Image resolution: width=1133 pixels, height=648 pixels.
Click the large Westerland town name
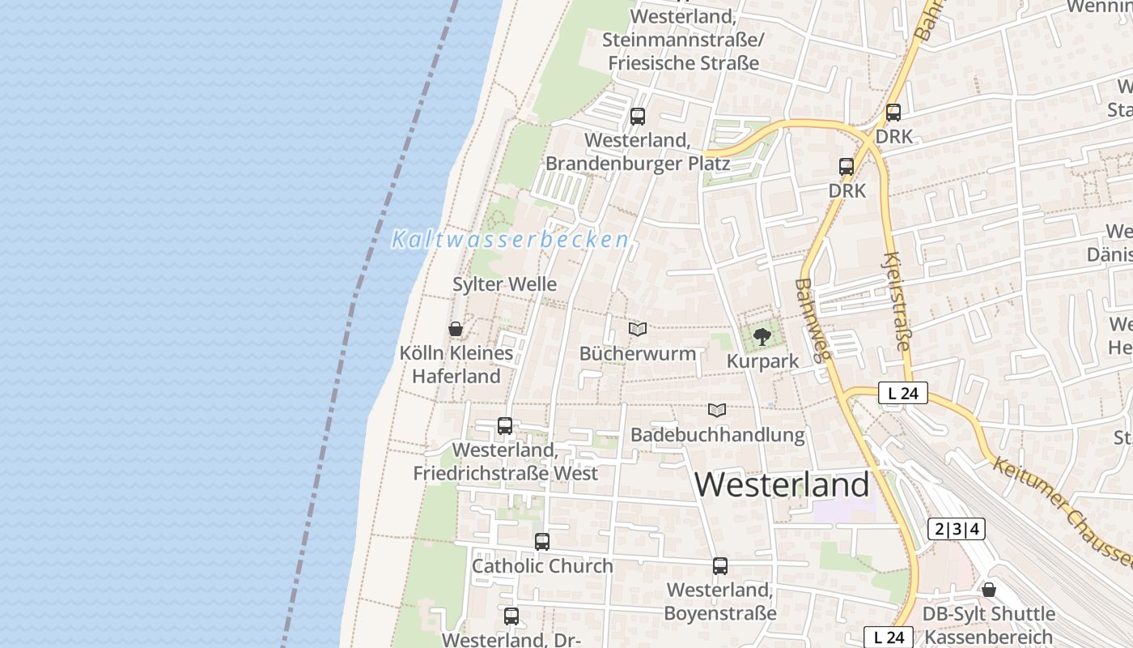click(782, 484)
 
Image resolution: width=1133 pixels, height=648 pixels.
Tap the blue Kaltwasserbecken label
click(510, 240)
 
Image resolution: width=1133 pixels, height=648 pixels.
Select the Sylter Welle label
click(504, 284)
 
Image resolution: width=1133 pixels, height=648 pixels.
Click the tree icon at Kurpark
click(762, 336)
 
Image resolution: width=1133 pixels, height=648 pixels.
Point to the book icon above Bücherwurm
click(638, 329)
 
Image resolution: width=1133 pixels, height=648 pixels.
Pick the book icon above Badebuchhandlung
click(717, 410)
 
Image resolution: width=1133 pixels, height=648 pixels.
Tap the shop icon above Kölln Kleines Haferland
click(456, 329)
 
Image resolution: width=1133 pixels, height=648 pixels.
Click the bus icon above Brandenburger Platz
click(638, 117)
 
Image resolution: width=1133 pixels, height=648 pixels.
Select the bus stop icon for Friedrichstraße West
click(505, 426)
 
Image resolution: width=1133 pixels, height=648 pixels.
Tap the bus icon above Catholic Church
click(542, 542)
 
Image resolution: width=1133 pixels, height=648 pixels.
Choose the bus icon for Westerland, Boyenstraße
click(720, 566)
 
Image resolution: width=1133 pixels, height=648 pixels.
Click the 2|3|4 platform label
click(957, 530)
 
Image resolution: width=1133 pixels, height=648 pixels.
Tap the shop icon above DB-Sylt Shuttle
click(989, 590)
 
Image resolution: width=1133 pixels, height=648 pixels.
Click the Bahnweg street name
click(813, 319)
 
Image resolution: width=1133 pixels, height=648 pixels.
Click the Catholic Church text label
click(542, 565)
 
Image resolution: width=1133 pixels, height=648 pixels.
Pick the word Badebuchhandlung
click(718, 435)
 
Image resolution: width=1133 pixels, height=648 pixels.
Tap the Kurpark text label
click(762, 361)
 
